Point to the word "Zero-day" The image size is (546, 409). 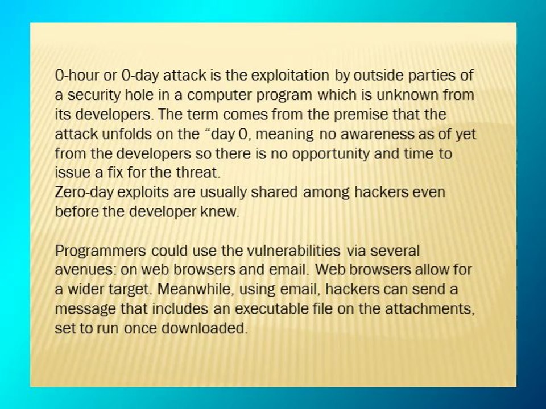pos(78,193)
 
